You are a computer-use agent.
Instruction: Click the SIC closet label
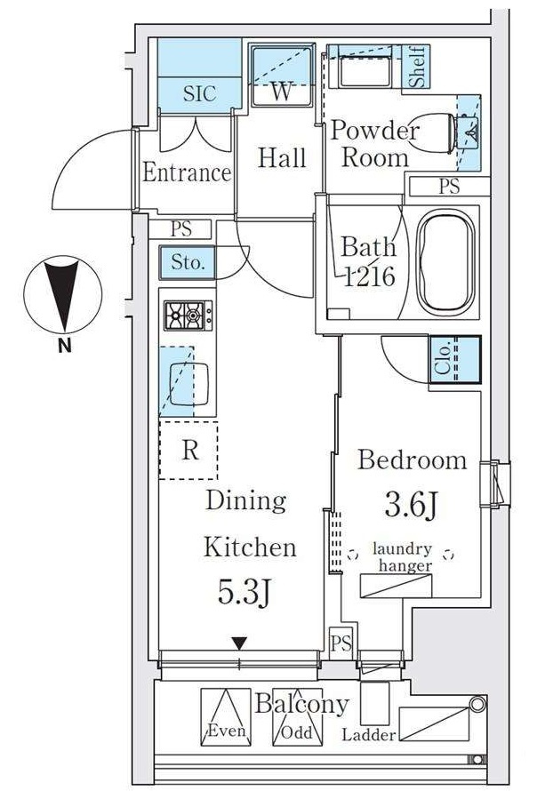click(x=199, y=94)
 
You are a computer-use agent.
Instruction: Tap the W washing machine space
click(x=282, y=76)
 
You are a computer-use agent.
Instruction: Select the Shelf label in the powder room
click(x=417, y=67)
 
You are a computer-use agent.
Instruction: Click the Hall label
click(x=282, y=157)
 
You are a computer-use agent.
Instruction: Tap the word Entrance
click(x=187, y=172)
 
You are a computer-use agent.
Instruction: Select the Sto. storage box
click(x=188, y=262)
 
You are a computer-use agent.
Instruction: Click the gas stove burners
click(x=188, y=316)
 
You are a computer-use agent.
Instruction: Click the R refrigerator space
click(x=188, y=450)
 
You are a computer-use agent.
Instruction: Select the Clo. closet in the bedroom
click(x=454, y=360)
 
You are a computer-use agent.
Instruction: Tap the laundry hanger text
click(x=403, y=557)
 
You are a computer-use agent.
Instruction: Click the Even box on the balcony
click(x=226, y=717)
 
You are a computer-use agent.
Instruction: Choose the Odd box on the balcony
click(x=298, y=717)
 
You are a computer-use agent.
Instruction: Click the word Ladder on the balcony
click(x=368, y=734)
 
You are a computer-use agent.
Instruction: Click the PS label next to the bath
click(x=449, y=187)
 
